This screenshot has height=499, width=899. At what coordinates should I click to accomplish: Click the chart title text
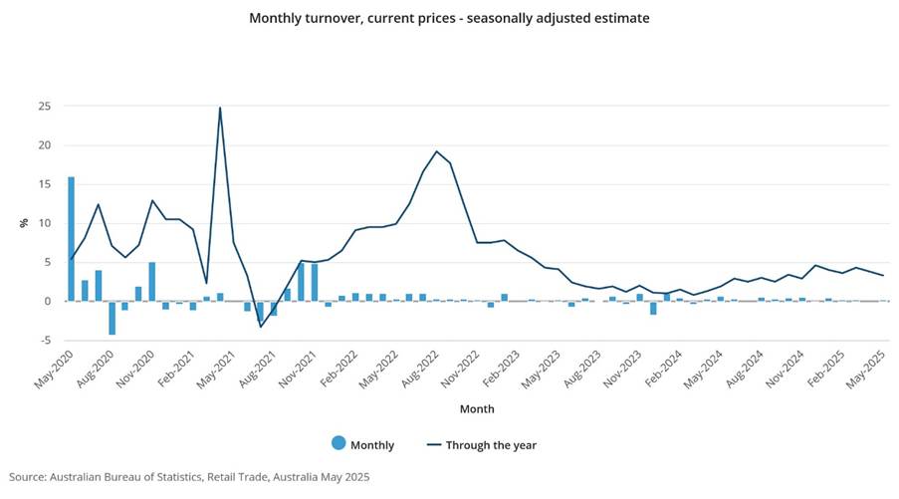click(x=449, y=18)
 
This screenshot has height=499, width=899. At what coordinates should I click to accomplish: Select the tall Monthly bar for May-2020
click(x=71, y=239)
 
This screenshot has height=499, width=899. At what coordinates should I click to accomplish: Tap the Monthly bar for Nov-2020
click(x=151, y=282)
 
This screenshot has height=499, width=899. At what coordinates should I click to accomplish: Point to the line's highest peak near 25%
click(x=219, y=108)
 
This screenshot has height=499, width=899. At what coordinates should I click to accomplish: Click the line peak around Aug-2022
click(x=436, y=151)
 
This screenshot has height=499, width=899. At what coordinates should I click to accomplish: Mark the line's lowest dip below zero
click(x=260, y=327)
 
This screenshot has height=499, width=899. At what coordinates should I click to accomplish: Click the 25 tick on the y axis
click(x=44, y=107)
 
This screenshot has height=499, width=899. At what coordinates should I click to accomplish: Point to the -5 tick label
click(x=44, y=341)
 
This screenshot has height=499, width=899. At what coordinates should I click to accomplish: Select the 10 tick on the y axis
click(x=44, y=223)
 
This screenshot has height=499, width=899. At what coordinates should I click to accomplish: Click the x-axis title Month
click(x=476, y=409)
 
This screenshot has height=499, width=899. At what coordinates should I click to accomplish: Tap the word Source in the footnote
click(x=29, y=478)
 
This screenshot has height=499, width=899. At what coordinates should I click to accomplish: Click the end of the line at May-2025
click(x=883, y=275)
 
